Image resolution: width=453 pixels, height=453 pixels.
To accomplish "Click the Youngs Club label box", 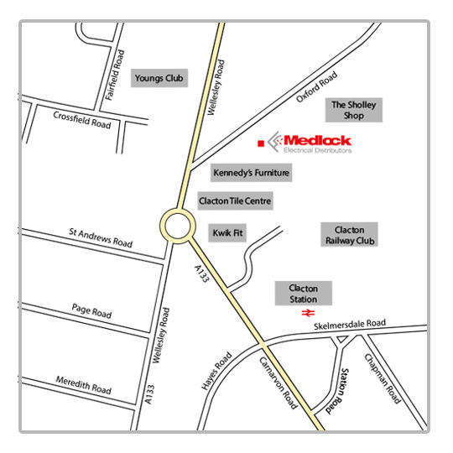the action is [x=159, y=78].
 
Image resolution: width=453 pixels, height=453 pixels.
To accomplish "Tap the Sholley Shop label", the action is [x=355, y=110].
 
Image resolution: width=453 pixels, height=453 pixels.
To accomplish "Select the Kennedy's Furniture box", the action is [x=251, y=173].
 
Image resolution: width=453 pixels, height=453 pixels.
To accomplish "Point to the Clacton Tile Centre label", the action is [x=235, y=200].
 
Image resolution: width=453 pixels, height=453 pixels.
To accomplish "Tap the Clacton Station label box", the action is [x=304, y=293].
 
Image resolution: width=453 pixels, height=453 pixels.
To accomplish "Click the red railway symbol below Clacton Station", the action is [x=305, y=314].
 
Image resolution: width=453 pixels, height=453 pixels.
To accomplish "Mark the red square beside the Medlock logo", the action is [x=261, y=143].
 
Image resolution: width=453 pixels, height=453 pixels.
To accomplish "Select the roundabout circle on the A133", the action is [x=177, y=225].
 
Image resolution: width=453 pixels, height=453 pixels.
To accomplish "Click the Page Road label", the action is [x=91, y=312].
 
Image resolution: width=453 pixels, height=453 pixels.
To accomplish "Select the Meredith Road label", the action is [x=82, y=385].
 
